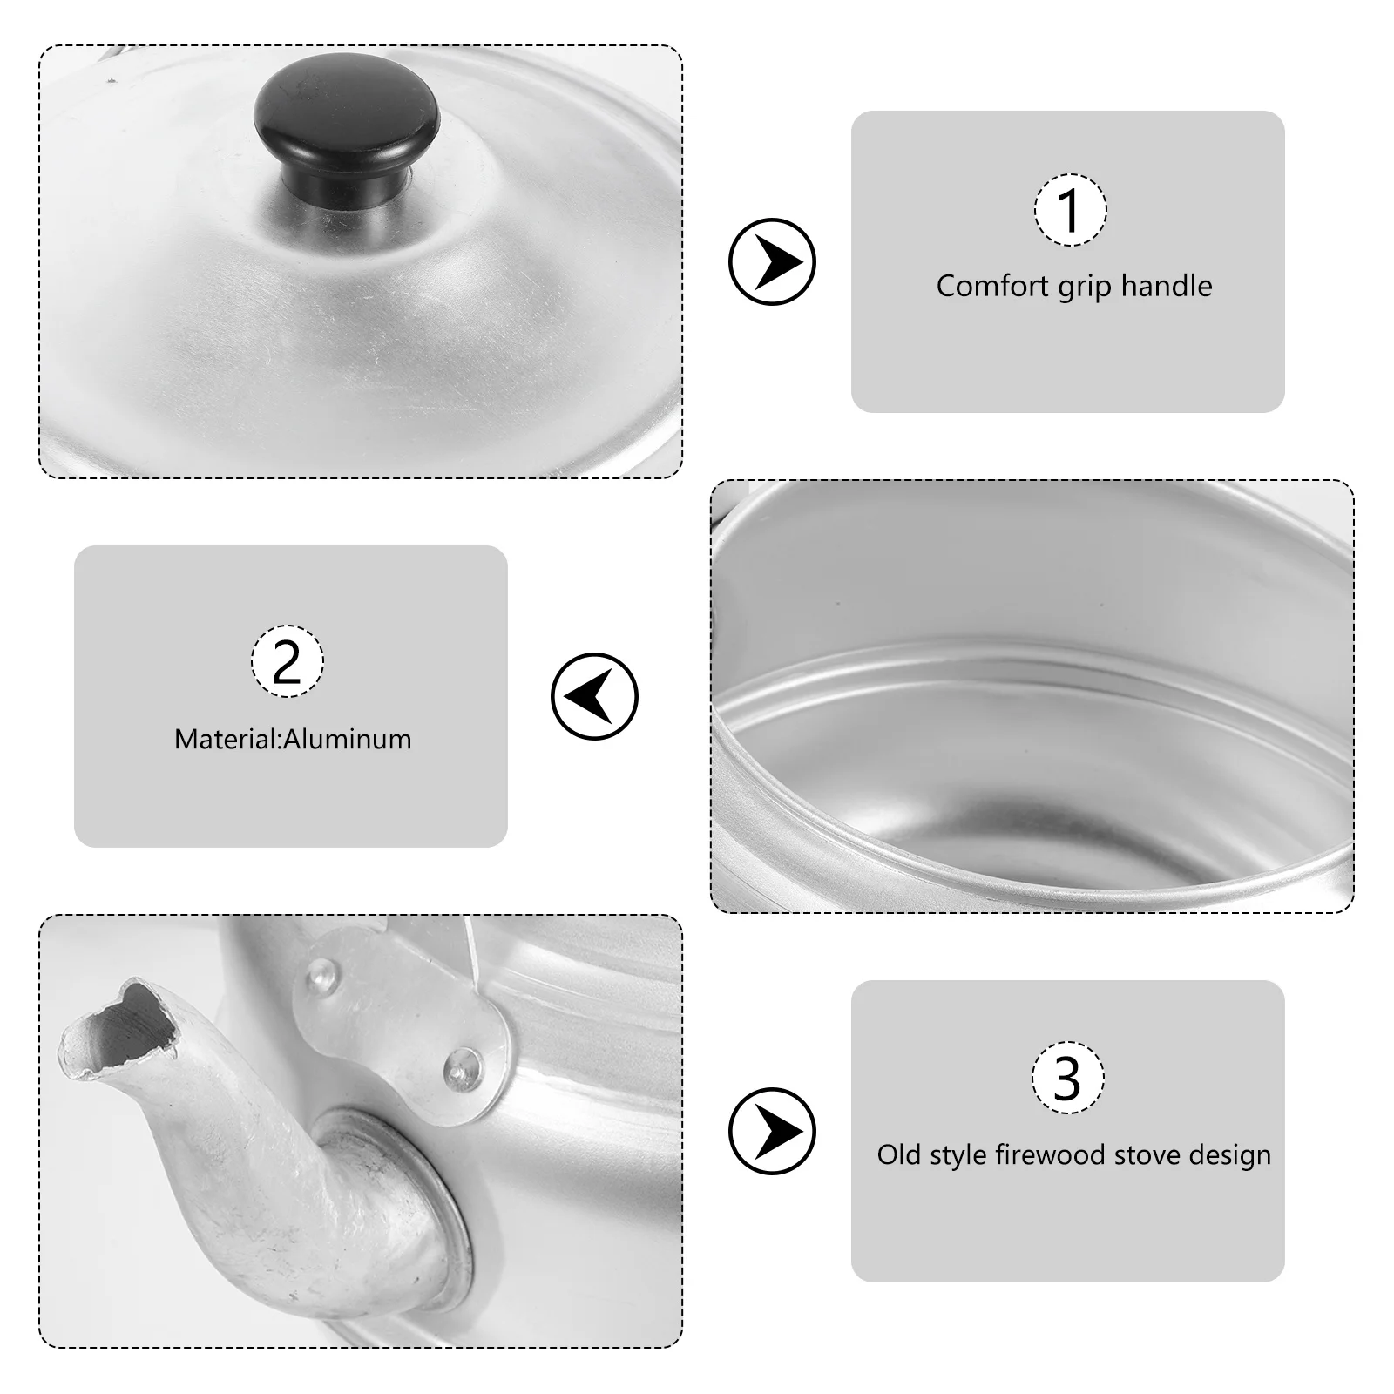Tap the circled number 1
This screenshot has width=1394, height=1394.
[1070, 210]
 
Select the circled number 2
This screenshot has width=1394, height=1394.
[288, 661]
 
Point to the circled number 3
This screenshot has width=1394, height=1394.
[1067, 1078]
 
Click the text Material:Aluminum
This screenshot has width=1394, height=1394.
[293, 740]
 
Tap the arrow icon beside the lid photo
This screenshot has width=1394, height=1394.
[772, 261]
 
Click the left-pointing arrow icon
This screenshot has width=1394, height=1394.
[594, 697]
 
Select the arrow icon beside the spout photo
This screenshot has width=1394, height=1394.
[772, 1131]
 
